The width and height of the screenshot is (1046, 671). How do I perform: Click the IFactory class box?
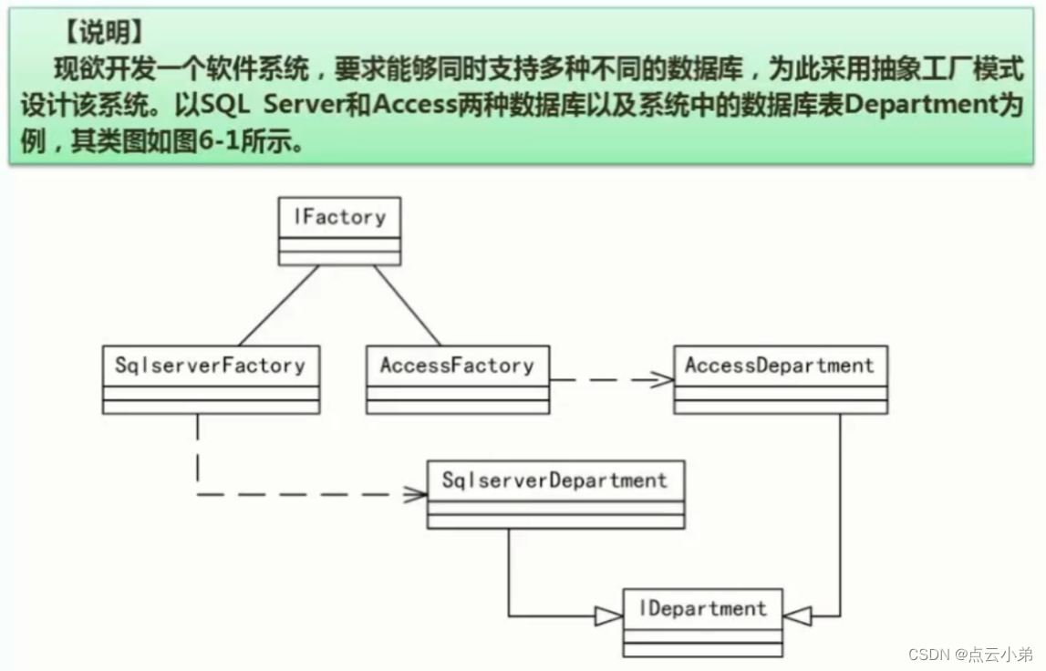[x=339, y=231]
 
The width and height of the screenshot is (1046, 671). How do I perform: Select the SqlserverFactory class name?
[x=210, y=366]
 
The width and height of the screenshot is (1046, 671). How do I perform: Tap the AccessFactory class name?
[x=457, y=366]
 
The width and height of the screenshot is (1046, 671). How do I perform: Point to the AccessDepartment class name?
[x=780, y=366]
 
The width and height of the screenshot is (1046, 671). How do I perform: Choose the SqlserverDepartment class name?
[x=554, y=480]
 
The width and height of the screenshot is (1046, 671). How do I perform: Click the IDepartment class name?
[x=703, y=608]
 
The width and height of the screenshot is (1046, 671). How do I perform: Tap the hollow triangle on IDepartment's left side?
[x=608, y=616]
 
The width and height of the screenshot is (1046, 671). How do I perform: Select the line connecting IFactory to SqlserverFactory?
[x=278, y=305]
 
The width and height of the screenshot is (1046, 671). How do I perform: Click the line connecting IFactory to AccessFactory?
[x=407, y=305]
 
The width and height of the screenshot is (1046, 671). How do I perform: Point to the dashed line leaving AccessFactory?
[x=602, y=380]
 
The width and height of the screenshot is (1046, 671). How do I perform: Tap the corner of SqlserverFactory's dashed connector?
[x=197, y=494]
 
